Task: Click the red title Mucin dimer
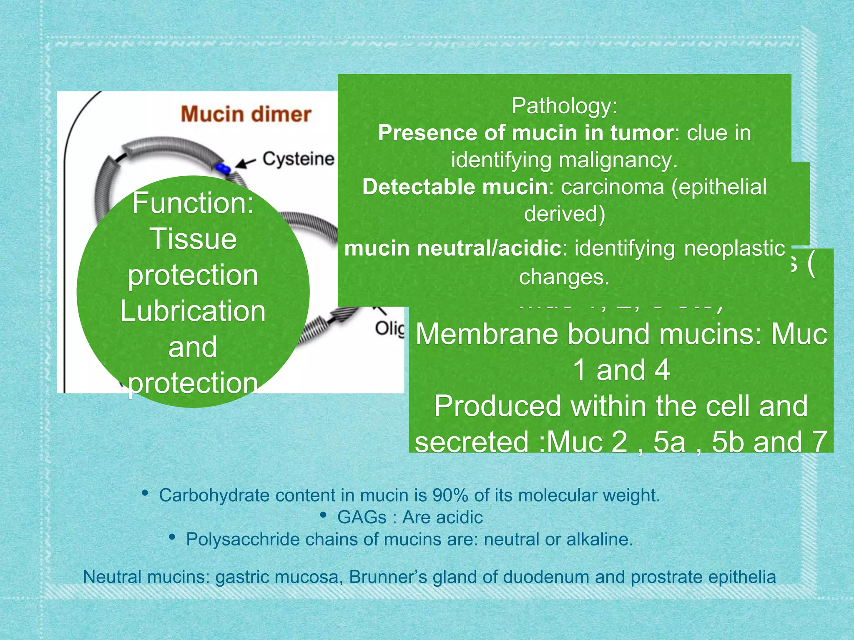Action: pyautogui.click(x=246, y=114)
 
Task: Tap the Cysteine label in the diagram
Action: pyautogui.click(x=298, y=159)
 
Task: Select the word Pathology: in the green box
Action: pyautogui.click(x=564, y=106)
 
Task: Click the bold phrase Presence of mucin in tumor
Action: pyautogui.click(x=525, y=133)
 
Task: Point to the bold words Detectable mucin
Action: pyautogui.click(x=455, y=187)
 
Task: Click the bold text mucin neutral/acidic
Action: pyautogui.click(x=453, y=249)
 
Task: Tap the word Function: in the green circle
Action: pyautogui.click(x=193, y=203)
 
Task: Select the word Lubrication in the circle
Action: pyautogui.click(x=193, y=311)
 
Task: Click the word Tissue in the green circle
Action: pyautogui.click(x=193, y=239)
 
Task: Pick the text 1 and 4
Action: pyautogui.click(x=621, y=370)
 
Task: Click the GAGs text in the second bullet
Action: pyautogui.click(x=362, y=517)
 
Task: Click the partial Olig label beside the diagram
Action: pyautogui.click(x=389, y=329)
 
